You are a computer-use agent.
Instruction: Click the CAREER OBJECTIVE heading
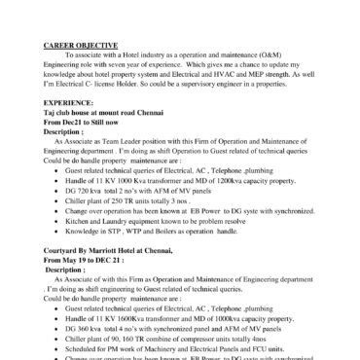[82, 45]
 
